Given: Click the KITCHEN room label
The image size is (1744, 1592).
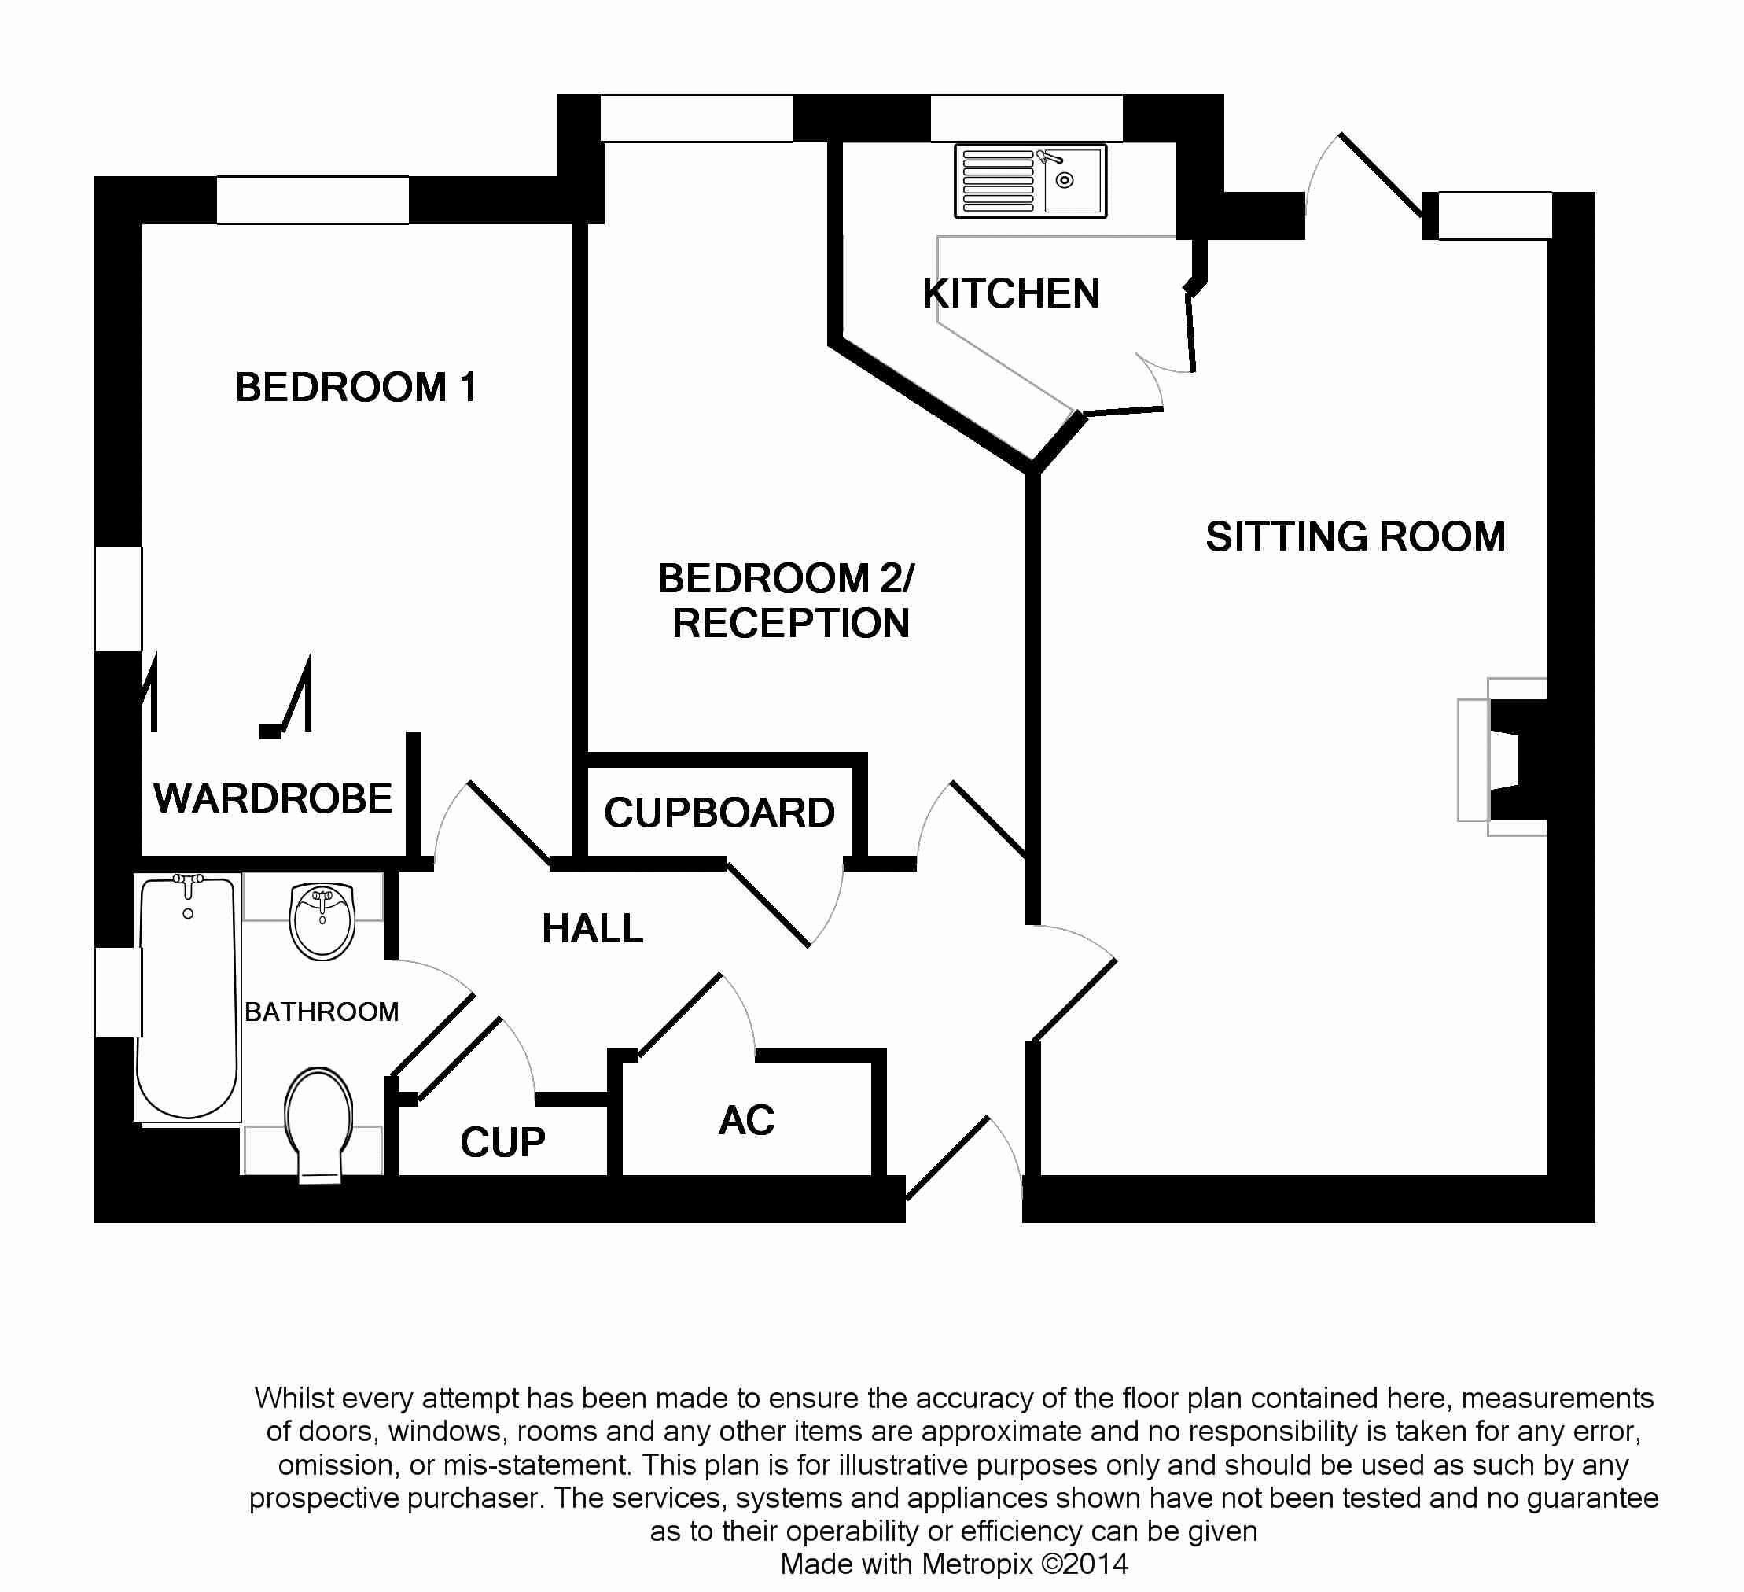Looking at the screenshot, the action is click(x=1010, y=294).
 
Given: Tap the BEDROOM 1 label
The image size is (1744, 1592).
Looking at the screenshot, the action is click(x=355, y=387).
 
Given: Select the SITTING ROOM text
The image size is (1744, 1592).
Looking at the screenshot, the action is click(x=1355, y=536).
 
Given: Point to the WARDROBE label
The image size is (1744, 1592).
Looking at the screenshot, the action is click(x=273, y=798).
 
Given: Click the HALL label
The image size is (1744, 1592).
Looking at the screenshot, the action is click(x=593, y=929).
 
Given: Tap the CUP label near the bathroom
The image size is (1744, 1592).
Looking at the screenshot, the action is click(x=502, y=1143).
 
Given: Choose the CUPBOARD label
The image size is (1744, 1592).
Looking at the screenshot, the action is click(x=719, y=813).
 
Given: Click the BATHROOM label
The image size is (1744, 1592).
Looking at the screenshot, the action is click(x=321, y=1012).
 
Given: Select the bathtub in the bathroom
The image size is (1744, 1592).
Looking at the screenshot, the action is click(x=188, y=997).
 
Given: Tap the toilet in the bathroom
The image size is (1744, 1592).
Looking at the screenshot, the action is click(x=318, y=1123).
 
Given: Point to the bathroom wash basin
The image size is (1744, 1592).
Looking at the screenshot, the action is click(x=322, y=919).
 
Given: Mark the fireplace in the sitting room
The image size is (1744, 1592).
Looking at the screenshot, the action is click(x=1505, y=758).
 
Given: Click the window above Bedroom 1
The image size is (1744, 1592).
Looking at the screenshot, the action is click(x=312, y=200).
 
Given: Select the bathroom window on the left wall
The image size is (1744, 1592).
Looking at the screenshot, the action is click(x=118, y=992).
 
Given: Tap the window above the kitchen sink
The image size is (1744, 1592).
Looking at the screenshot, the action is click(x=1026, y=118).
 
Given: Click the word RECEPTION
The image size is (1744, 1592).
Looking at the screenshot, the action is click(x=791, y=623).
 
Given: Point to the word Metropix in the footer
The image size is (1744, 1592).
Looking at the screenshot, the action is click(x=977, y=1564).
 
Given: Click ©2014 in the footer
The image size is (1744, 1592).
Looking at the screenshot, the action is click(x=1085, y=1564).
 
